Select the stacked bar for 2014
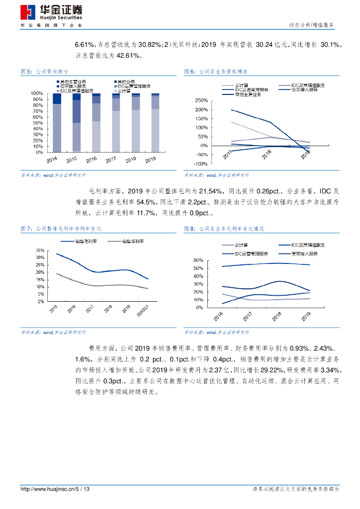tap(57, 122)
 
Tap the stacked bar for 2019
tap(156, 122)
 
